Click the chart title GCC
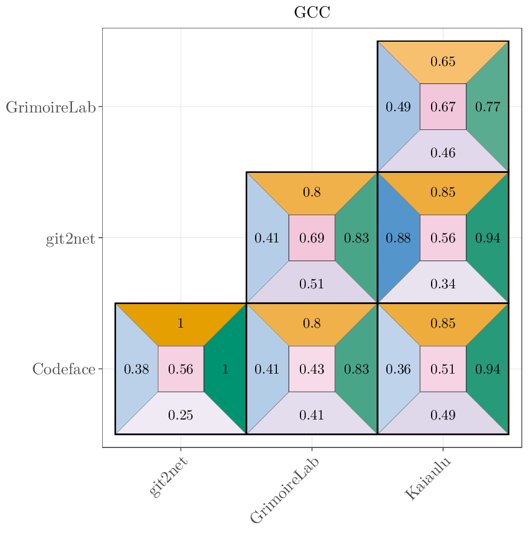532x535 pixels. [312, 13]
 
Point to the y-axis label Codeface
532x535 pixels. [63, 369]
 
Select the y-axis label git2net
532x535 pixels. [70, 238]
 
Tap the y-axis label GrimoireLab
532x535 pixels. [51, 108]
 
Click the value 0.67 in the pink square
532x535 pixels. [443, 107]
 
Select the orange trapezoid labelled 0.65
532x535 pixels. [443, 62]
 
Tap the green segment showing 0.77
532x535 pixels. [488, 107]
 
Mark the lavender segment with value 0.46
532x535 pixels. [443, 152]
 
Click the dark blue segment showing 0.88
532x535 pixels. [398, 238]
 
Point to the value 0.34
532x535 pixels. [443, 284]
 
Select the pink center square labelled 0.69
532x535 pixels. [312, 238]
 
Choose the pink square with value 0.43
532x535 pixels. [312, 369]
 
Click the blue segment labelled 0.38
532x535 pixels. [136, 369]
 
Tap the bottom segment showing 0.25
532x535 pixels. [181, 415]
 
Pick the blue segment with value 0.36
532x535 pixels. [398, 369]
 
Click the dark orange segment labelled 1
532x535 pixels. [181, 323]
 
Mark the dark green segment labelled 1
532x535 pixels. [225, 369]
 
